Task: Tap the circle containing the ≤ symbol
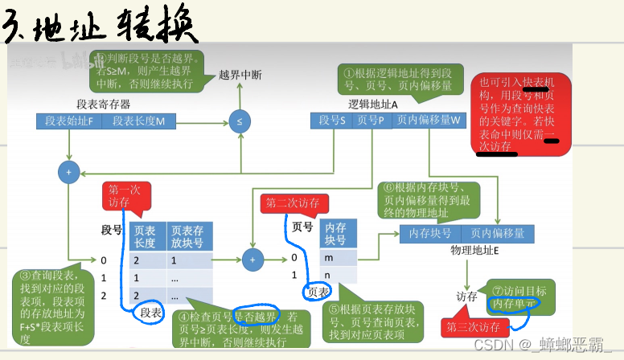pyautogui.click(x=239, y=121)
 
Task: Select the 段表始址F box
pyautogui.click(x=70, y=121)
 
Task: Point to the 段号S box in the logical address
pyautogui.click(x=332, y=120)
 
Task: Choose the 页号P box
pyautogui.click(x=371, y=120)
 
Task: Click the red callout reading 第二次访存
pyautogui.click(x=289, y=203)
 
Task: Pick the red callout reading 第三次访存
pyautogui.click(x=474, y=327)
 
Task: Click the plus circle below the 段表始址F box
pyautogui.click(x=69, y=171)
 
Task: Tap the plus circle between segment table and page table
pyautogui.click(x=252, y=259)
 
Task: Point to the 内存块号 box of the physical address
pyautogui.click(x=430, y=233)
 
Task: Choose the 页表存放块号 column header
pyautogui.click(x=190, y=235)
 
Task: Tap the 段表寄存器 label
pyautogui.click(x=104, y=104)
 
